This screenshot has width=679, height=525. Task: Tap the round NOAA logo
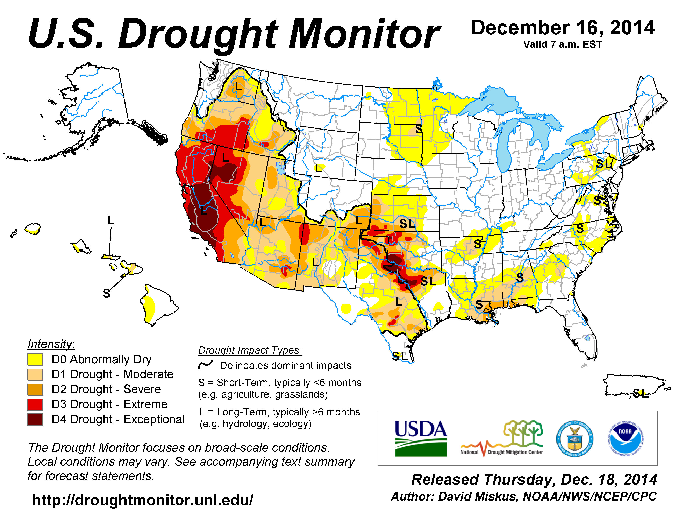click(x=625, y=439)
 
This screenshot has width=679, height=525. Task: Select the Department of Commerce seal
click(x=574, y=439)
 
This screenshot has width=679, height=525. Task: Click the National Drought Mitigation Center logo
click(x=502, y=439)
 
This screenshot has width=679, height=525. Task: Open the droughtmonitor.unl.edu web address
click(x=143, y=500)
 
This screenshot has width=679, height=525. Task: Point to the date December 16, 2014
click(x=563, y=28)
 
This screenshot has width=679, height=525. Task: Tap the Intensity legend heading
click(x=51, y=344)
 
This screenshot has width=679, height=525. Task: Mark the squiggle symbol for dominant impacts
click(x=206, y=364)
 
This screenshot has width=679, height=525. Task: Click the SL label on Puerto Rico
click(x=641, y=393)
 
